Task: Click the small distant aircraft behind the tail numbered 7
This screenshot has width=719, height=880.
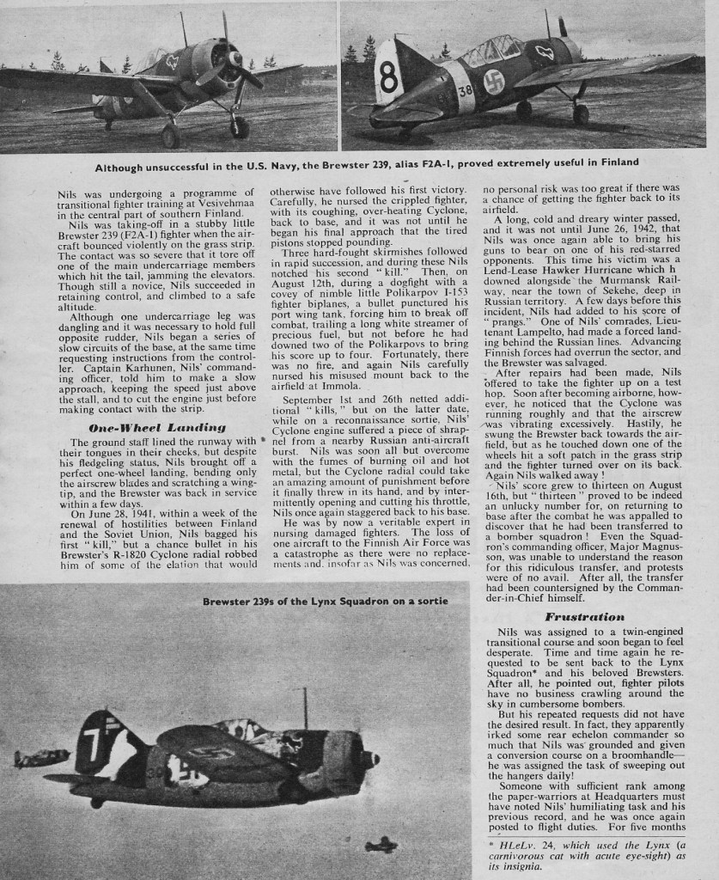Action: click(x=41, y=757)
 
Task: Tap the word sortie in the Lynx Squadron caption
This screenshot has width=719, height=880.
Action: click(x=430, y=600)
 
